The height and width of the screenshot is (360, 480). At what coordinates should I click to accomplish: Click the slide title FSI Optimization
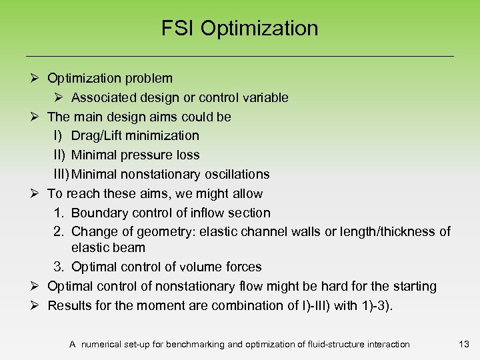pyautogui.click(x=240, y=29)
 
